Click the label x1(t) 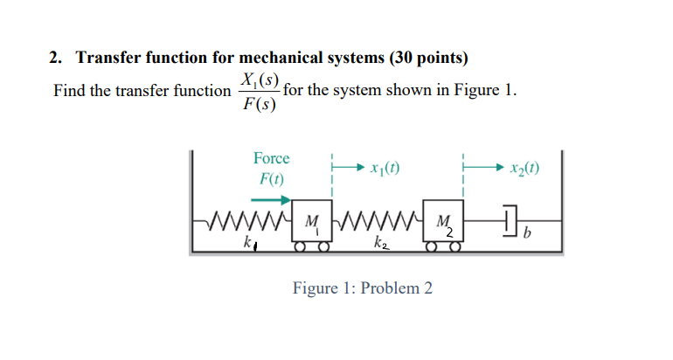tap(385, 167)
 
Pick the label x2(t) tap(523, 167)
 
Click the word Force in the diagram tap(271, 158)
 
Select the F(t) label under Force tap(271, 179)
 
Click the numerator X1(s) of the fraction tap(258, 80)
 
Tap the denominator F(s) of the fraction tap(258, 105)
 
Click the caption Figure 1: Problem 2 tap(362, 289)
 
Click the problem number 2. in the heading tap(55, 59)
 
